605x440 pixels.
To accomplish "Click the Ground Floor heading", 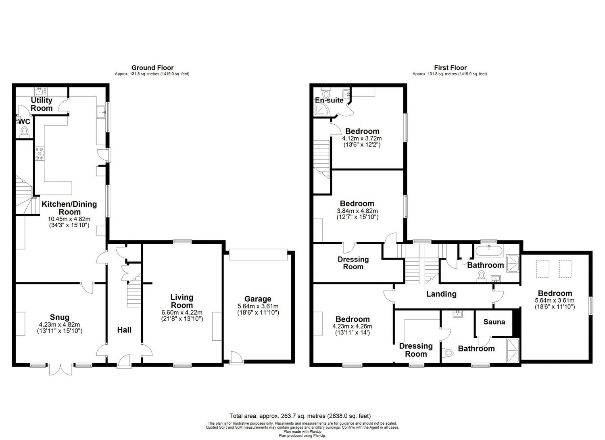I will tap(152, 68).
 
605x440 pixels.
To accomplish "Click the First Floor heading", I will tap(450, 68).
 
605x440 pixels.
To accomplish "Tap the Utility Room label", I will tap(42, 104).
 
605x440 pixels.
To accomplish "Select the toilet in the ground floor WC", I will tap(25, 131).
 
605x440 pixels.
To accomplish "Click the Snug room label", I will tap(60, 317).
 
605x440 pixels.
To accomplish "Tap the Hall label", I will tap(124, 330).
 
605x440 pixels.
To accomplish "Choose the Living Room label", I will tap(181, 301).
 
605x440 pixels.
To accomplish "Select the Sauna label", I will tap(494, 322).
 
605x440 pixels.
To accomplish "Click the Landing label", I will tap(441, 294).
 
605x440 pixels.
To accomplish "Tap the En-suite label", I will tap(329, 100).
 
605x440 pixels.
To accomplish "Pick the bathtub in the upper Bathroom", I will tap(488, 251).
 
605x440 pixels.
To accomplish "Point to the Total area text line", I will tap(300, 416).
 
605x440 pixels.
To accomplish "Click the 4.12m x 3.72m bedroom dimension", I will tap(362, 138).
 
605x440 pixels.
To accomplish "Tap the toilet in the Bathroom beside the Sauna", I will tap(448, 353).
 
